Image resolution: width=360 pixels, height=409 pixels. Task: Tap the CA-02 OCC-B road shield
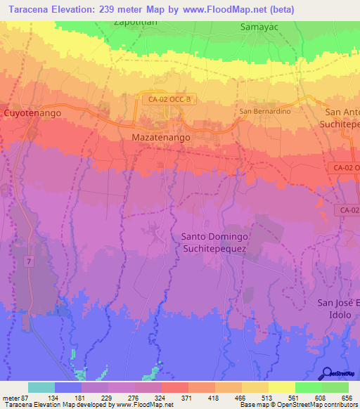coord(169,100)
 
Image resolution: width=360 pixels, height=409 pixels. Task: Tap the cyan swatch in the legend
coord(41,387)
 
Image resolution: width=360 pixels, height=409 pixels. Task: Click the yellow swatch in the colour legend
coord(282,387)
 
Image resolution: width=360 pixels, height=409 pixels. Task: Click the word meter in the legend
coord(11,398)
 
